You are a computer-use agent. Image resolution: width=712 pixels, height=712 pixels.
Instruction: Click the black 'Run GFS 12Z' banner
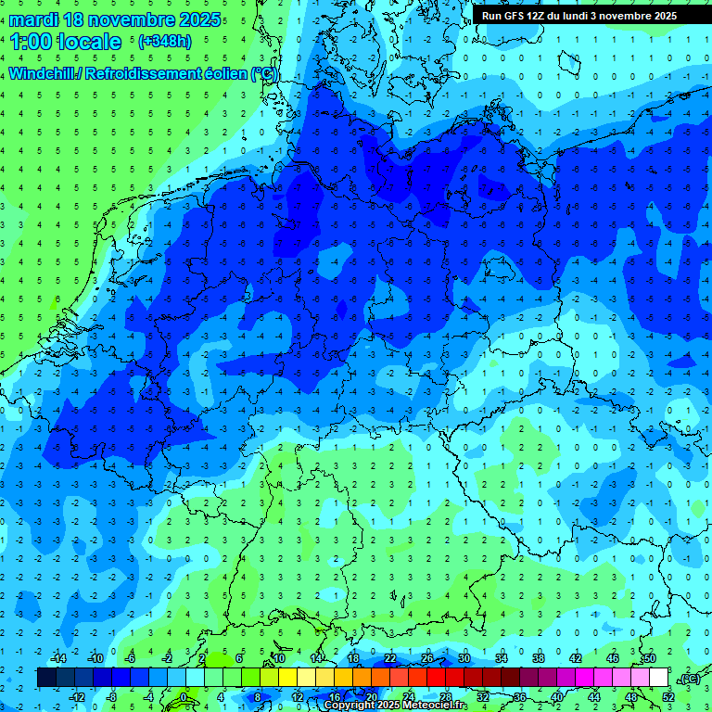tap(578, 16)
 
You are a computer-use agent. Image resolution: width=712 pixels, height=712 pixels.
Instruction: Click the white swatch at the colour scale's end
tap(658, 678)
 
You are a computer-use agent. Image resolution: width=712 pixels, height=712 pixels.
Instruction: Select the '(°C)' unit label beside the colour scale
tap(689, 679)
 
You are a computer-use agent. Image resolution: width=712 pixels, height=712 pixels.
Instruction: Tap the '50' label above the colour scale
tap(649, 658)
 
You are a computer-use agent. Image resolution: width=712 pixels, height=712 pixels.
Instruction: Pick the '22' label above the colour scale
tap(389, 658)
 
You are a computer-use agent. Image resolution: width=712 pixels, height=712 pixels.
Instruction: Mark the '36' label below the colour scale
tap(520, 696)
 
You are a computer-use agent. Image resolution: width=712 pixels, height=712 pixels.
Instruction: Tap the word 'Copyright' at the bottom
tap(350, 706)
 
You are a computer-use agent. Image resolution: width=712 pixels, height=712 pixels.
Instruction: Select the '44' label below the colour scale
tap(594, 696)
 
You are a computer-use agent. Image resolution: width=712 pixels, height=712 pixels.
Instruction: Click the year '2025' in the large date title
tap(199, 19)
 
